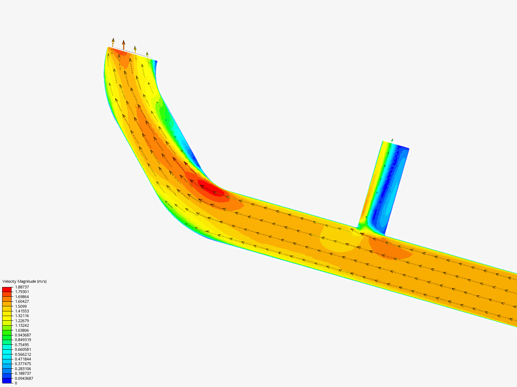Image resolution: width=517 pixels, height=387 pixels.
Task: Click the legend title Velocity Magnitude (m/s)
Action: point(24,281)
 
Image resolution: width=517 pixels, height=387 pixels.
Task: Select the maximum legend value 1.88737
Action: point(22,287)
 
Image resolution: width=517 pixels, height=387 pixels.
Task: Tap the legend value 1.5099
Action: point(21,306)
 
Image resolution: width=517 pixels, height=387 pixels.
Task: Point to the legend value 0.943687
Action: point(23,335)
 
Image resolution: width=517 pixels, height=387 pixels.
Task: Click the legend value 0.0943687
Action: point(24,378)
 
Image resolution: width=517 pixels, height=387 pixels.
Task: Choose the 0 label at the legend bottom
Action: point(16,383)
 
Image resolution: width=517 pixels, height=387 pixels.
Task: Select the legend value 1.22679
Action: point(22,321)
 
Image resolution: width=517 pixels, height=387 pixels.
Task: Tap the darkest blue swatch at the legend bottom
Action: point(7,381)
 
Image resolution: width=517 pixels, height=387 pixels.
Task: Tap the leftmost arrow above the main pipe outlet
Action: point(113,42)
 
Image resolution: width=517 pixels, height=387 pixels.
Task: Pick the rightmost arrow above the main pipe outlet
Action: point(147,54)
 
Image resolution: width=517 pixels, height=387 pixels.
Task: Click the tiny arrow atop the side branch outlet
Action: point(392,140)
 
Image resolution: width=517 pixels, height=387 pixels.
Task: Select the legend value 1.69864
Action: point(22,297)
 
